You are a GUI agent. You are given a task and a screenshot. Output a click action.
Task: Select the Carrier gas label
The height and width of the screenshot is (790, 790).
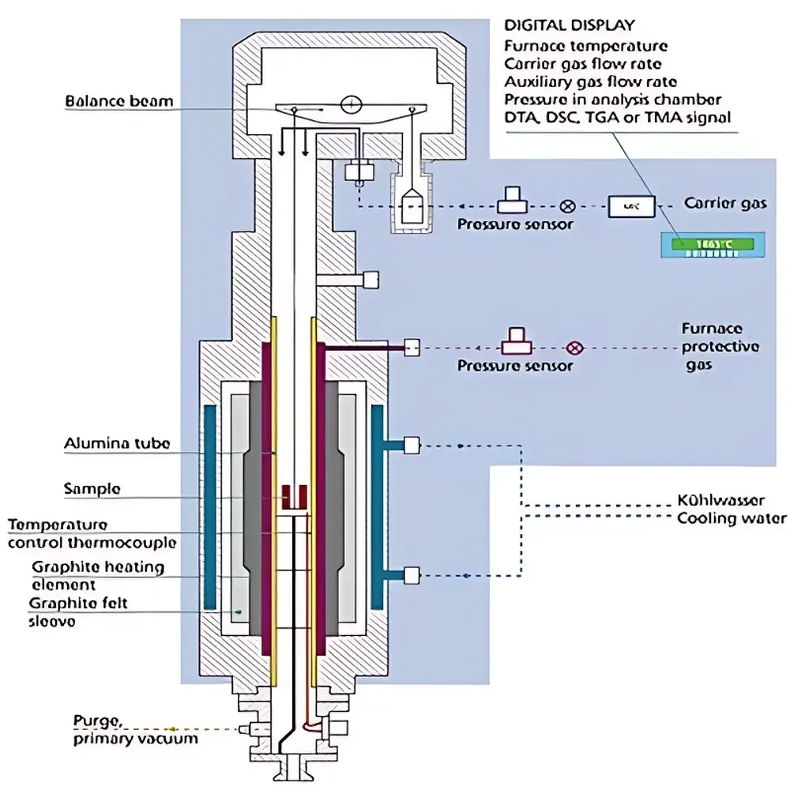point(724,204)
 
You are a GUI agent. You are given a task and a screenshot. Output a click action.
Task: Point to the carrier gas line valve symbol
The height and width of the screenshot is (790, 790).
point(566,206)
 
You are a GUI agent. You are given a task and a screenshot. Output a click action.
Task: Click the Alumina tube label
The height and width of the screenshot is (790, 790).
point(116,444)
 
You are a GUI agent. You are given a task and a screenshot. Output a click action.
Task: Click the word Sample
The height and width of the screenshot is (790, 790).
point(92,489)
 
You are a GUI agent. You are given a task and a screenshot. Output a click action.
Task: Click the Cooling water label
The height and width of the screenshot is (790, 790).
point(732,518)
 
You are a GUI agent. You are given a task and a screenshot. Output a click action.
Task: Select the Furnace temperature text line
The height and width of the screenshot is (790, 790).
point(585,46)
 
